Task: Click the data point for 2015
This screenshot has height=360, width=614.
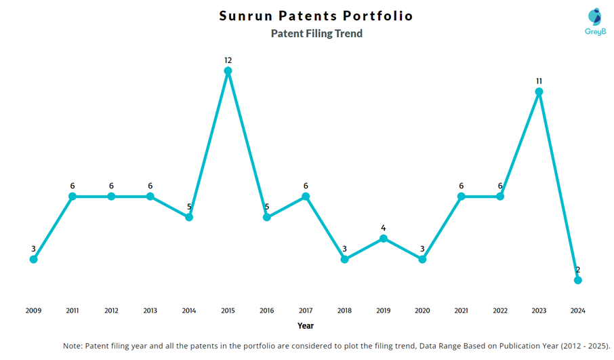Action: point(228,71)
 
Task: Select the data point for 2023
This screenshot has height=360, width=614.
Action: point(539,92)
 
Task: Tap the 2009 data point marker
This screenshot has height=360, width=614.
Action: point(33,259)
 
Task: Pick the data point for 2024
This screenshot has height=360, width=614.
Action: point(577,280)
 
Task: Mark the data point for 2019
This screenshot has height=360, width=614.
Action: point(384,238)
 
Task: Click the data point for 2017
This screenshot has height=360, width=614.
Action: point(306,196)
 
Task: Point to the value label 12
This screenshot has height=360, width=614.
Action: point(228,60)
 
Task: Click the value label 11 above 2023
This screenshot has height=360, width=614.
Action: point(539,81)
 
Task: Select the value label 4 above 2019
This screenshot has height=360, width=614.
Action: point(384,228)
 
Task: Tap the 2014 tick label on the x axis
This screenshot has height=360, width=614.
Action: point(189,311)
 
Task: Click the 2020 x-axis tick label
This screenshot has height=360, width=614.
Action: point(422,311)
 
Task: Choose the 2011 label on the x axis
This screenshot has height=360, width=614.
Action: point(73,311)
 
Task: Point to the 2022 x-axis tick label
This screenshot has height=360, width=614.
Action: point(500,311)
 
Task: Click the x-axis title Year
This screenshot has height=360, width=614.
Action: point(306,326)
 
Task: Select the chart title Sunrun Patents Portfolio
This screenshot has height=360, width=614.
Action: point(316,16)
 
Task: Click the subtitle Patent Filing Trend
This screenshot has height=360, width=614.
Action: point(316,33)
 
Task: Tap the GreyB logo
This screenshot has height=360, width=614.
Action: point(594,22)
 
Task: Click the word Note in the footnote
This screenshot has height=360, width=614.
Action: point(73,346)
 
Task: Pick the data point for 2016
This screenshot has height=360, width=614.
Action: point(267,217)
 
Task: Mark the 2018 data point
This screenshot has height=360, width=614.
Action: point(344,259)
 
